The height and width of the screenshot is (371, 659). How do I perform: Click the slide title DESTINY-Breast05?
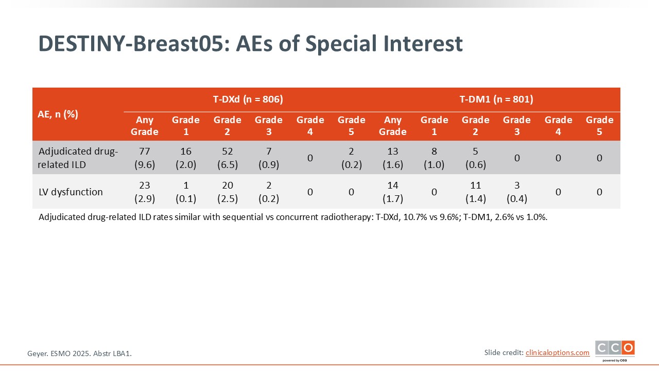click(x=250, y=44)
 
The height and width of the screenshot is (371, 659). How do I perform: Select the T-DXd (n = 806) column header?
click(x=248, y=99)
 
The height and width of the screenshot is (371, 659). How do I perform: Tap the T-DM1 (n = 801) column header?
click(x=496, y=99)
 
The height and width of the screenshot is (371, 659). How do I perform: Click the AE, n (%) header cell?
click(x=58, y=114)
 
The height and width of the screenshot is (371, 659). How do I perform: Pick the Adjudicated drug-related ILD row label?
click(x=78, y=157)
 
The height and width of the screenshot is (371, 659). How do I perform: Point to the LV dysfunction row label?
click(x=71, y=192)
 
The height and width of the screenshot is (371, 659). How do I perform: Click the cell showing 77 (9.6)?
click(x=145, y=157)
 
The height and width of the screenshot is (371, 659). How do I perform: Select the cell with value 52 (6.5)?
click(x=228, y=157)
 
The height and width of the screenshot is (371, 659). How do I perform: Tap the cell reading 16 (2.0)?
click(x=186, y=157)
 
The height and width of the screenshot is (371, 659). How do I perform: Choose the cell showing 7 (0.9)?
click(x=269, y=157)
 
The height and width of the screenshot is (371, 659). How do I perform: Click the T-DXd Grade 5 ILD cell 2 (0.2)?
click(x=351, y=157)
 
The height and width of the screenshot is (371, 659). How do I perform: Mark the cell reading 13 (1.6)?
click(x=393, y=157)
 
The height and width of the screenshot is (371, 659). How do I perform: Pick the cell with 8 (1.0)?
click(x=434, y=157)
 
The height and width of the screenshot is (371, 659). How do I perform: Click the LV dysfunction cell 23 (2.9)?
click(x=145, y=192)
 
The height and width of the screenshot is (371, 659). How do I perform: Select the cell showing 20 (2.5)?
click(x=228, y=192)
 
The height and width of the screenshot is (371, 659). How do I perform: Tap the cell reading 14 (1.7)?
click(x=393, y=192)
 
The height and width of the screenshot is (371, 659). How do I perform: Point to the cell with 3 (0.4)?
click(x=517, y=192)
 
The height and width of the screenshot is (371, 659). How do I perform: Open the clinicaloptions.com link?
click(x=558, y=352)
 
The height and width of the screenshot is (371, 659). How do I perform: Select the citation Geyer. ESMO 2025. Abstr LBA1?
click(x=83, y=353)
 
